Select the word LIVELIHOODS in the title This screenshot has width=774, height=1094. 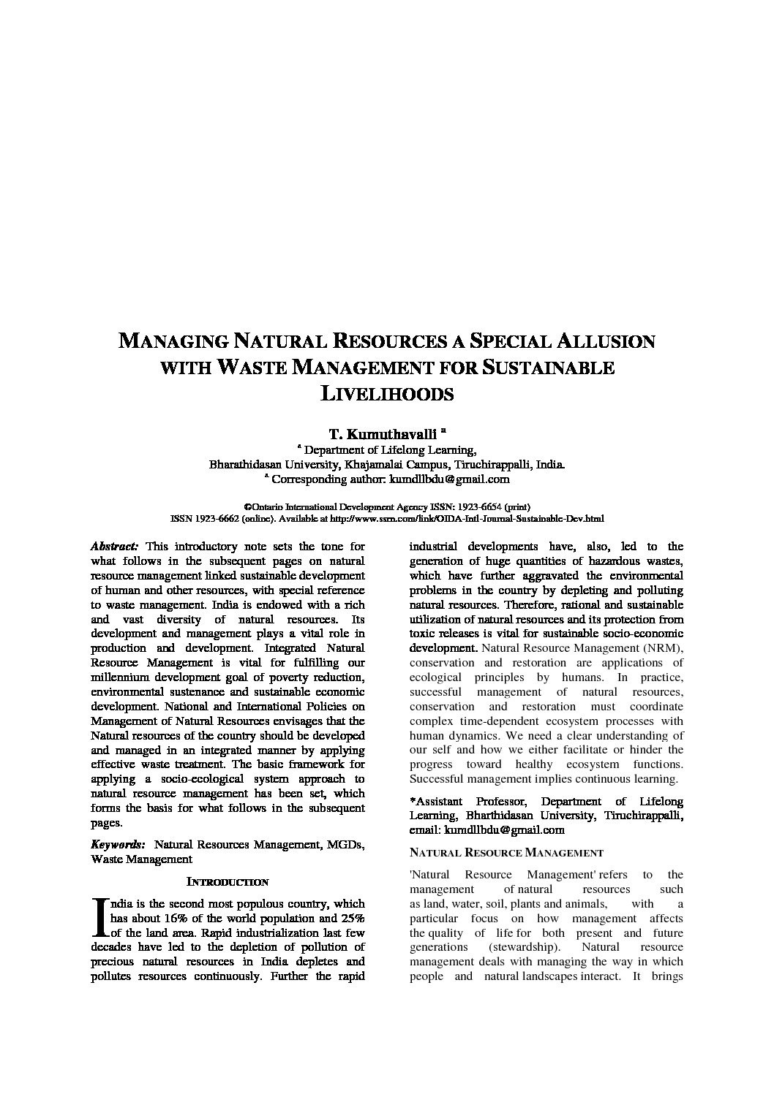click(x=388, y=394)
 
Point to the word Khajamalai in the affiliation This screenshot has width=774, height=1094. click(x=370, y=465)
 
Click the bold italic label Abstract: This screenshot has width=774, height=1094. click(x=115, y=547)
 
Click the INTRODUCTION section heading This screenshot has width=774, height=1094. click(x=228, y=881)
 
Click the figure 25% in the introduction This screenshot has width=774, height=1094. click(x=352, y=919)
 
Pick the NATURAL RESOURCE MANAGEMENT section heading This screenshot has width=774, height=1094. click(x=506, y=853)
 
